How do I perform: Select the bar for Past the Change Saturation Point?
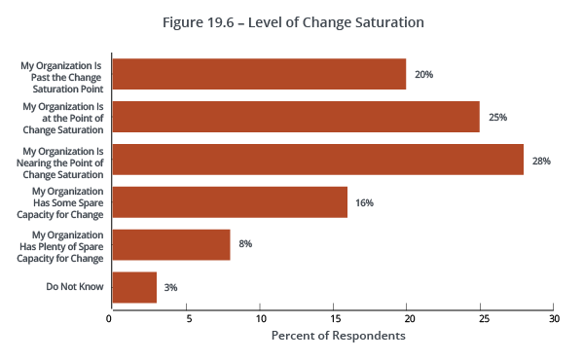[x=259, y=74]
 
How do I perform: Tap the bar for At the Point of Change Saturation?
[x=296, y=117]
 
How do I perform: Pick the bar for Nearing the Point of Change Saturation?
[x=317, y=160]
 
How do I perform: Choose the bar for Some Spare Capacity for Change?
[x=230, y=202]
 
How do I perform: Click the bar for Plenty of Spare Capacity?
[x=171, y=244]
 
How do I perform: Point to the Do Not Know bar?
[x=134, y=287]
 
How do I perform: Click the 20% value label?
[x=424, y=74]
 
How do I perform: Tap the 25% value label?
[x=498, y=117]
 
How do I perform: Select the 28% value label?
[x=542, y=160]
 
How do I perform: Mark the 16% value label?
[x=365, y=202]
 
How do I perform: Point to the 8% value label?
[x=245, y=244]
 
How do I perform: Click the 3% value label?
[x=171, y=287]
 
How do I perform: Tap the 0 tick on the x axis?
[x=110, y=318]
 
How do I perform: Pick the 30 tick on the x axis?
[x=554, y=318]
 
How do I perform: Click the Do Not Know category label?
[x=75, y=287]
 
